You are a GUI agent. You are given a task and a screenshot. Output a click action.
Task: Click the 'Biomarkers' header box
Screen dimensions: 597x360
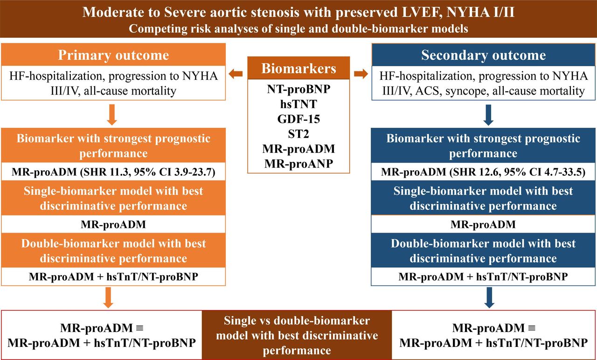[x=298, y=68]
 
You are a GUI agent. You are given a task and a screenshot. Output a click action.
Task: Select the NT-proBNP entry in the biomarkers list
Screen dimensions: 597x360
[x=298, y=89]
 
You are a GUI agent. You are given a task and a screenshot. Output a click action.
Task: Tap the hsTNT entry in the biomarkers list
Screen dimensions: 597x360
[x=298, y=104]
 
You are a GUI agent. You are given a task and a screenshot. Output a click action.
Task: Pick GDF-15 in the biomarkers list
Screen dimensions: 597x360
[x=298, y=119]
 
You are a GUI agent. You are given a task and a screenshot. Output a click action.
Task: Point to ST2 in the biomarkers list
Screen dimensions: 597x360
[x=298, y=134]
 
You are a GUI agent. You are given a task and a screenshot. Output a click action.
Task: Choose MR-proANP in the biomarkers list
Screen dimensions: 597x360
[x=298, y=164]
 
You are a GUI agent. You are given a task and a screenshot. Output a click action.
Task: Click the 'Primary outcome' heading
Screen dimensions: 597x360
[x=113, y=55]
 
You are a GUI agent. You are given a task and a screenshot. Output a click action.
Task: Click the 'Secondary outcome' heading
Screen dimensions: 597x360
[x=484, y=55]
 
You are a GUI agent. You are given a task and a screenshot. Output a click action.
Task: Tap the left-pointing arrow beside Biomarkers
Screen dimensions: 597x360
[x=236, y=74]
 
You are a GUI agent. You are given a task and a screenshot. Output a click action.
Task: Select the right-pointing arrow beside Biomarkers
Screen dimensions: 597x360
[x=361, y=74]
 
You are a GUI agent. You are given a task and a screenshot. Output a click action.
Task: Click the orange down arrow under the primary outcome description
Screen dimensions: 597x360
[x=112, y=115]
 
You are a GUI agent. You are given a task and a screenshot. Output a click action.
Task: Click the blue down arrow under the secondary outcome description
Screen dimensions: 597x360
[x=488, y=115]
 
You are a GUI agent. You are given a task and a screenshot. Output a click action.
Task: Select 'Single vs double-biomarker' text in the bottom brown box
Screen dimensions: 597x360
[x=297, y=320]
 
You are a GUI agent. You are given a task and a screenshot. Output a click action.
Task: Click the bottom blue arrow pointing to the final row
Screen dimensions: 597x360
[x=489, y=298]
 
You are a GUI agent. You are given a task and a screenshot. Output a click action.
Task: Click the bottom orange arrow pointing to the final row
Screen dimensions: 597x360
[x=108, y=298]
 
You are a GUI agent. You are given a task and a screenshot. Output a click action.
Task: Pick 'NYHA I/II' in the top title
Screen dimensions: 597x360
[x=480, y=12]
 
